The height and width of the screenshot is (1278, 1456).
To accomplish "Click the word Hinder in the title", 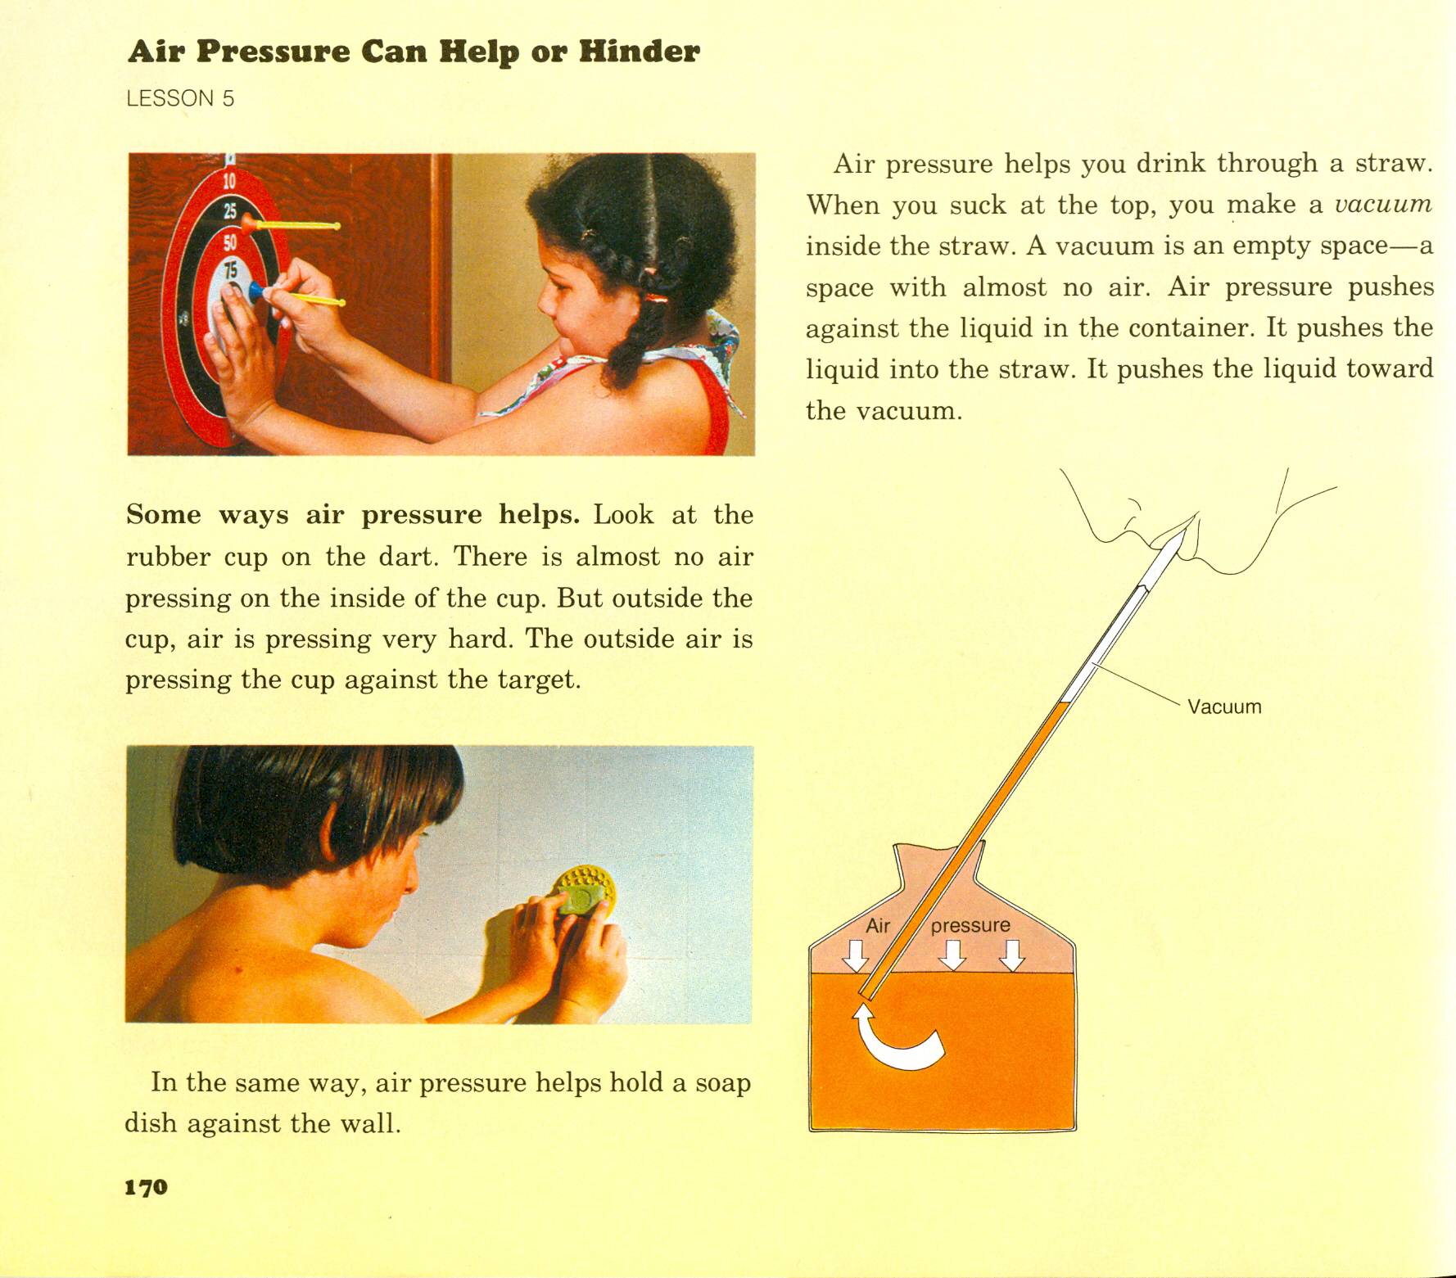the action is click(x=640, y=51).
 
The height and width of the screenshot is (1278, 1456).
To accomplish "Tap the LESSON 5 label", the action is click(x=181, y=99).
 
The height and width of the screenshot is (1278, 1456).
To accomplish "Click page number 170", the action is click(x=147, y=1187).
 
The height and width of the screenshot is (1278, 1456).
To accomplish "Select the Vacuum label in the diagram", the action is click(x=1224, y=707).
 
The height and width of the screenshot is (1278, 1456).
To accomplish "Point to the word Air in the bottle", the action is click(x=878, y=925).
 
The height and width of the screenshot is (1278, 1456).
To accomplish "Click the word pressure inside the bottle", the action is click(x=970, y=926).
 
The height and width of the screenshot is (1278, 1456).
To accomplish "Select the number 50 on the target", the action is click(x=229, y=243).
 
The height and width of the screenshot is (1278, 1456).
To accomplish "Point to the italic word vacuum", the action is click(x=1383, y=204).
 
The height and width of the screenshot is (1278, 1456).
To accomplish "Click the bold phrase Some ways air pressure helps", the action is click(x=353, y=515).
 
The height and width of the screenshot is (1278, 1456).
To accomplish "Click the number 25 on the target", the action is click(x=230, y=210).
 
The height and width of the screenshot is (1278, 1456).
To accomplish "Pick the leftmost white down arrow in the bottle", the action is click(x=857, y=955).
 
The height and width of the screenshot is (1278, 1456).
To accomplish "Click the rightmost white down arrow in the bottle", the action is click(x=1013, y=955).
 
